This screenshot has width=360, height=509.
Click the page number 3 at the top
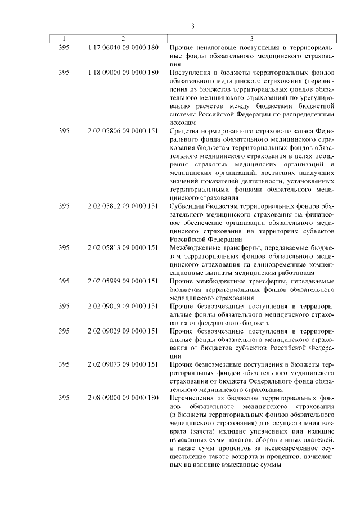[x=192, y=26]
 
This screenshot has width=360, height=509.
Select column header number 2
[x=123, y=39]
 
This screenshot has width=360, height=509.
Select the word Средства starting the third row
[x=186, y=130]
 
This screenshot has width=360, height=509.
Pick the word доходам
[x=183, y=122]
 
